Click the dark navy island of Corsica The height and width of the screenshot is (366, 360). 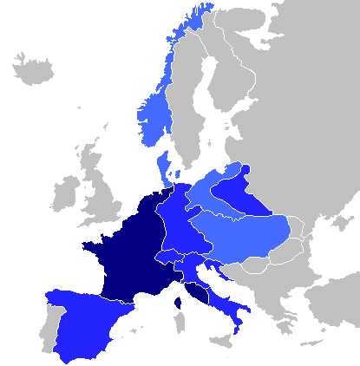tap(178, 303)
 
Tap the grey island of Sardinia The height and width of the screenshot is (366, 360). tap(180, 323)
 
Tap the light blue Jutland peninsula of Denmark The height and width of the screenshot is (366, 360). tap(162, 163)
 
